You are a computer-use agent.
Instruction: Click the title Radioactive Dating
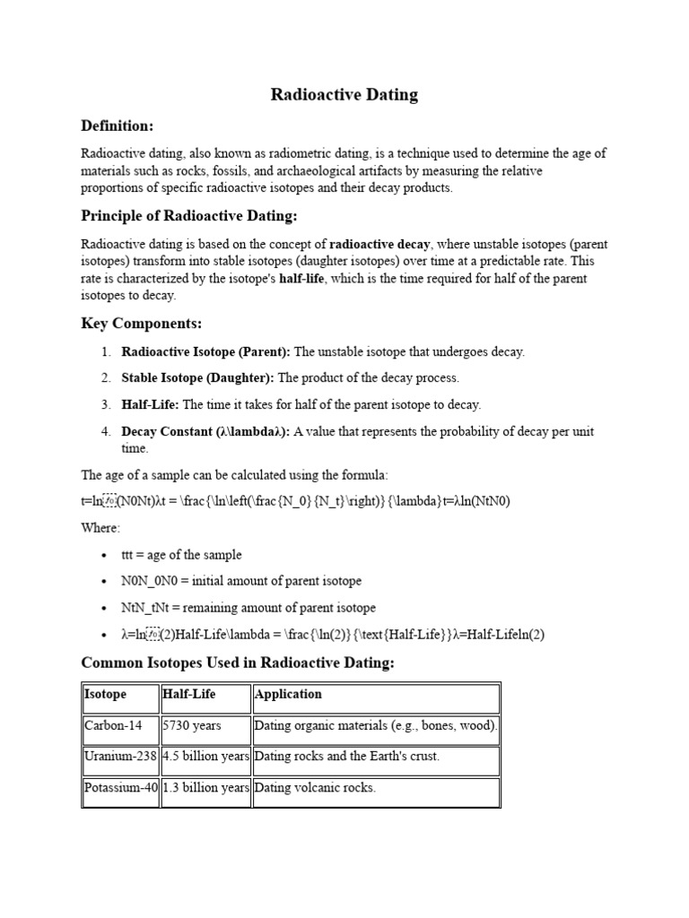(344, 95)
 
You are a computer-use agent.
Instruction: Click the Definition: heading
(118, 125)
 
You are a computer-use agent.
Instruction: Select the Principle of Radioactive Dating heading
(188, 216)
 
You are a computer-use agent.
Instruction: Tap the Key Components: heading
(141, 323)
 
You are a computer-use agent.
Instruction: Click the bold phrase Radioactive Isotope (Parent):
(206, 352)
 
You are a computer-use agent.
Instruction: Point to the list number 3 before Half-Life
(105, 405)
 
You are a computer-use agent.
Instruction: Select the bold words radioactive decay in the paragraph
(380, 245)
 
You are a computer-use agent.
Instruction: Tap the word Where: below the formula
(100, 528)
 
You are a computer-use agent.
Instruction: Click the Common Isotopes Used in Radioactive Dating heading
(238, 663)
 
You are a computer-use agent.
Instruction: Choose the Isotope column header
(106, 695)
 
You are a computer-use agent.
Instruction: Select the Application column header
(289, 695)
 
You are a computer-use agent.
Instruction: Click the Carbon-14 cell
(114, 726)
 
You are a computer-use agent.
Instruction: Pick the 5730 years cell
(192, 726)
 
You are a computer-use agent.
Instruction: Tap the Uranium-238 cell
(120, 757)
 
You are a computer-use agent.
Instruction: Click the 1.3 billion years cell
(205, 789)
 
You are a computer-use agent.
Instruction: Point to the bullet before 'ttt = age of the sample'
(106, 556)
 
